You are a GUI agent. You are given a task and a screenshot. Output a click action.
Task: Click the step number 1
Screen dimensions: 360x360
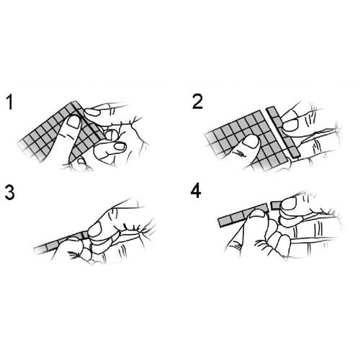[10, 102]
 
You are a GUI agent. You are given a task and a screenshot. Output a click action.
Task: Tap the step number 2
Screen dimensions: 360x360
[197, 102]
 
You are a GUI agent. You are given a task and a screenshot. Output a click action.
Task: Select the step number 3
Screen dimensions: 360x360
[9, 192]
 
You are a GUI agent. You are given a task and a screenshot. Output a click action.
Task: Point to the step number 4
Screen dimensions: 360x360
[196, 192]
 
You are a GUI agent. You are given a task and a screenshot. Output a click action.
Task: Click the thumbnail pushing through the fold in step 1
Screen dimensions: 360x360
[73, 122]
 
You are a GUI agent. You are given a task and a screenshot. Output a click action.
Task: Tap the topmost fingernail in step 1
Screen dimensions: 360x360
[92, 112]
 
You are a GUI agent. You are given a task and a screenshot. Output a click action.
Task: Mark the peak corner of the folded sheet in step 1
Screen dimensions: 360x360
[76, 102]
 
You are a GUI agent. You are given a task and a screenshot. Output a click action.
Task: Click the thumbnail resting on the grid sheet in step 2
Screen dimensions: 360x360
[251, 140]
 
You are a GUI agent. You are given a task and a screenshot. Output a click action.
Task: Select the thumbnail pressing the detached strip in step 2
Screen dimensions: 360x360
[291, 125]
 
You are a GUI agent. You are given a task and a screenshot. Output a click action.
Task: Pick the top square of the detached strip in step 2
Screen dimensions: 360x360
[273, 112]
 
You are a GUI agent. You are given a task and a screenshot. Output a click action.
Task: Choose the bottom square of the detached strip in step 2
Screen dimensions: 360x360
[294, 151]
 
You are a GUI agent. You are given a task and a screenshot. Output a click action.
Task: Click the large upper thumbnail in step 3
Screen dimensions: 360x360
[95, 229]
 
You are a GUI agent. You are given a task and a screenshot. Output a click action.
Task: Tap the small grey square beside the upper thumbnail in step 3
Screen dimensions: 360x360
[85, 235]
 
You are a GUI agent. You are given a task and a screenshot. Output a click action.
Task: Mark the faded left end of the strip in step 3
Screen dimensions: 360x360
[38, 250]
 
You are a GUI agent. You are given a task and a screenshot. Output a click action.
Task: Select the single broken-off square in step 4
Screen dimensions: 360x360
[276, 205]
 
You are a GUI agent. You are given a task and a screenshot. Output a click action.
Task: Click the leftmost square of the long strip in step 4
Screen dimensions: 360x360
[225, 222]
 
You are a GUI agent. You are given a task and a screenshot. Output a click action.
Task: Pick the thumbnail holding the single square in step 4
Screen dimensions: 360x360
[289, 204]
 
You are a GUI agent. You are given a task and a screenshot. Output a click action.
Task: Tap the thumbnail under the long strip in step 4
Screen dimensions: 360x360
[256, 213]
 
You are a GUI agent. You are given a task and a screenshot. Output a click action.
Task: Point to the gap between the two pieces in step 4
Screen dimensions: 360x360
[269, 207]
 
